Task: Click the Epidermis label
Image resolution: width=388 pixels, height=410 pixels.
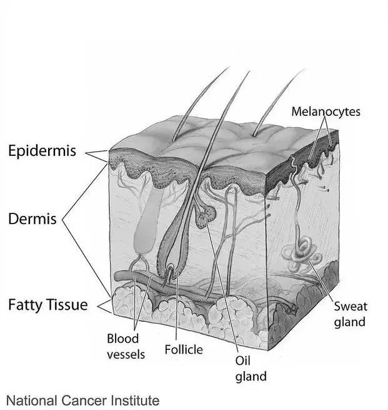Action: (x=42, y=151)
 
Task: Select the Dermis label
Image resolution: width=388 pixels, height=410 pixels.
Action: (x=32, y=219)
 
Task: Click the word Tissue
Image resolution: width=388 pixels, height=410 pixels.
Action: (x=67, y=305)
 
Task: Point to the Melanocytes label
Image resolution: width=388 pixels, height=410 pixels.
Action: (x=326, y=111)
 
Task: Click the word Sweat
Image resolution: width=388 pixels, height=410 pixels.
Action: (x=351, y=306)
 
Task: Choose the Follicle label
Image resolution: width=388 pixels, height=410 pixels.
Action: (x=184, y=350)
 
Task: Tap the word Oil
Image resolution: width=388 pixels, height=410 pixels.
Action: (x=242, y=361)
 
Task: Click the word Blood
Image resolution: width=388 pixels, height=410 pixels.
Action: (x=122, y=339)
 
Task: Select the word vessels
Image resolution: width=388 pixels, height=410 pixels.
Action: (x=126, y=355)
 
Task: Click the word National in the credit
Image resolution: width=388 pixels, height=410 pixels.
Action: (x=32, y=401)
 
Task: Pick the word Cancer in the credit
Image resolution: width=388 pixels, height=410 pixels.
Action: (x=84, y=401)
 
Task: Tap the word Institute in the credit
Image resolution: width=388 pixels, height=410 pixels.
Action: (x=135, y=401)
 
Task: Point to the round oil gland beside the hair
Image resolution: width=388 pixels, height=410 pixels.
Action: (x=207, y=217)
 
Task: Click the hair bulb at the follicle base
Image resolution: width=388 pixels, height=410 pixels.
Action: (x=168, y=272)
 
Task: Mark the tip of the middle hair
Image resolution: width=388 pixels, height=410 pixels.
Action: (x=249, y=71)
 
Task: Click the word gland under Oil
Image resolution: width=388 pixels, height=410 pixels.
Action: (x=251, y=377)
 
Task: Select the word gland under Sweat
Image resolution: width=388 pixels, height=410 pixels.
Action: (x=350, y=322)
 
